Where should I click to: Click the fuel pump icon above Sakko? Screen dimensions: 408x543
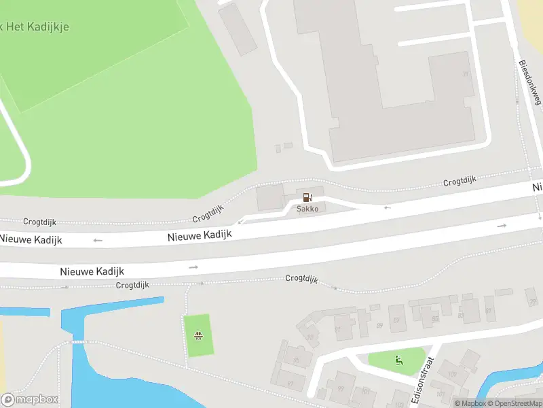[x=307, y=197]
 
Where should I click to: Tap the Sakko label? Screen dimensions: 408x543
[x=307, y=209]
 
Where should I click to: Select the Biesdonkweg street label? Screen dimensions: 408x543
[x=530, y=83]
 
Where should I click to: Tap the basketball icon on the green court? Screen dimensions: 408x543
[x=198, y=335]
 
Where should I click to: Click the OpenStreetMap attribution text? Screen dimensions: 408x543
[x=517, y=403]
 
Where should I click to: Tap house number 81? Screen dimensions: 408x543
[x=489, y=311]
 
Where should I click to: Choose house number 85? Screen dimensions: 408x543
[x=436, y=318]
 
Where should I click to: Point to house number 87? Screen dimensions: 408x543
[x=397, y=320]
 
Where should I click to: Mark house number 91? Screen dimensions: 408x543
[x=337, y=329]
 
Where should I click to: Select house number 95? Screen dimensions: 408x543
[x=297, y=360]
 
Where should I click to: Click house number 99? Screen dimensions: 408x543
[x=340, y=390]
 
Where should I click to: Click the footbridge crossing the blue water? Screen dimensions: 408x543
[x=79, y=341]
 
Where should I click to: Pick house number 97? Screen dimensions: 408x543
[x=291, y=384]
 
